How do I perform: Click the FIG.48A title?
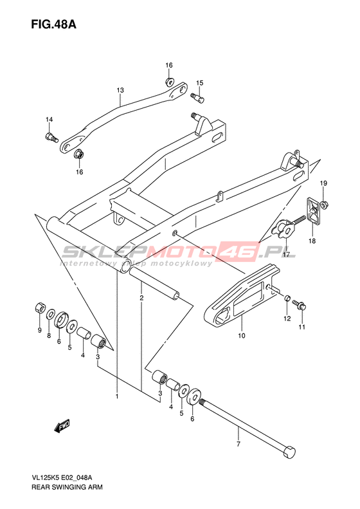[54, 24]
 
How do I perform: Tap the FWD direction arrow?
[62, 426]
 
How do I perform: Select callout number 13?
[120, 90]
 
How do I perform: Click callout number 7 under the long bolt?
[239, 444]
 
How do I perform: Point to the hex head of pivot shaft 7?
[289, 452]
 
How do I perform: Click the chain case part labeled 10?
[242, 295]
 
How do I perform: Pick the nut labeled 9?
[40, 308]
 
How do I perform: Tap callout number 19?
[323, 183]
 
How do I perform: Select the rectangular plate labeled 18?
[313, 211]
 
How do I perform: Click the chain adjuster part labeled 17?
[284, 230]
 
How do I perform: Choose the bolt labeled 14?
[51, 137]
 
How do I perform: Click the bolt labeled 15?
[197, 97]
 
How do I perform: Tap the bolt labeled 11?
[300, 304]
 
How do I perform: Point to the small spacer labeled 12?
[287, 298]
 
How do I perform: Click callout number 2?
[141, 297]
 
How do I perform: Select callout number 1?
[117, 396]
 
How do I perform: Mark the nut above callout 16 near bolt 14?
[79, 154]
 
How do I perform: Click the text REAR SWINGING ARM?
[67, 487]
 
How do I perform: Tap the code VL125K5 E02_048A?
[62, 477]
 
